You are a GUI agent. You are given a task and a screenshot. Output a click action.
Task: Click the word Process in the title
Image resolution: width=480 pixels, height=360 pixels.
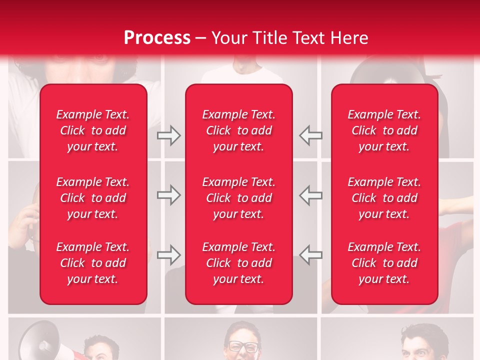click(157, 38)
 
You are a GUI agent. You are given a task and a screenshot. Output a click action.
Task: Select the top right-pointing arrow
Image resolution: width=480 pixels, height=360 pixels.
click(168, 135)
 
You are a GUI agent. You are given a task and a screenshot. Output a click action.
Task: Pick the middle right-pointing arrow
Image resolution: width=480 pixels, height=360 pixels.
click(168, 195)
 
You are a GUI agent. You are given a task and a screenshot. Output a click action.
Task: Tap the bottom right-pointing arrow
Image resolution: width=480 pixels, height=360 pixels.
click(168, 254)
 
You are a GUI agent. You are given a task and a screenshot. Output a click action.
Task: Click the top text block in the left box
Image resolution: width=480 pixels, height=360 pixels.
click(93, 130)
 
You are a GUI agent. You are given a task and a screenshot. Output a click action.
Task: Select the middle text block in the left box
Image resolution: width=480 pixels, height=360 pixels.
click(93, 198)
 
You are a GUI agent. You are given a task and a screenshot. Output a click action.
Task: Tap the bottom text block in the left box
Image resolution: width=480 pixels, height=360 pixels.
click(93, 263)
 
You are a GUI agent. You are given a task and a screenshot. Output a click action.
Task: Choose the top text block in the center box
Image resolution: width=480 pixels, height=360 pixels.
click(239, 130)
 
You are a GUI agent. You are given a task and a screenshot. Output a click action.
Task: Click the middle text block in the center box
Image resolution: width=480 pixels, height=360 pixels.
click(239, 198)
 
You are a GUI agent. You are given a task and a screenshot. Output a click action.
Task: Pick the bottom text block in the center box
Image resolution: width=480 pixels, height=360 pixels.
click(239, 263)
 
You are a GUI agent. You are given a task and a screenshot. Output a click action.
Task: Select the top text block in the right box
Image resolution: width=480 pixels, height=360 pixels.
click(384, 130)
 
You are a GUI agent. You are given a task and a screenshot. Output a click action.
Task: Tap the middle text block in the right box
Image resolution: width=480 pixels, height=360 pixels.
click(384, 198)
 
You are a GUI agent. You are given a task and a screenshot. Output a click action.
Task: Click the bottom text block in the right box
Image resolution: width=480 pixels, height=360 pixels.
click(384, 263)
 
